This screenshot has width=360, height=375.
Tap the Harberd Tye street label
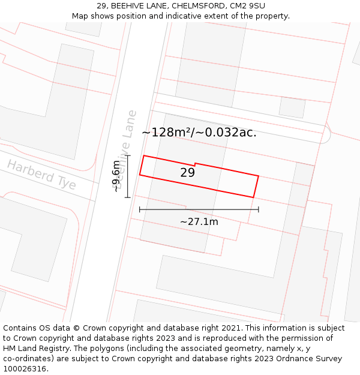click(41, 175)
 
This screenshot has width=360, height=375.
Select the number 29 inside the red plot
click(187, 173)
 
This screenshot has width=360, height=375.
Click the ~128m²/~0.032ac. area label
click(199, 133)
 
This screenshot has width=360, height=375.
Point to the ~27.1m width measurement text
click(199, 221)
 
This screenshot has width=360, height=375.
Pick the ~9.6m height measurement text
click(117, 176)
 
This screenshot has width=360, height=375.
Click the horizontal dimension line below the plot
click(199, 209)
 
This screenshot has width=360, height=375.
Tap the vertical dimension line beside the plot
click(128, 176)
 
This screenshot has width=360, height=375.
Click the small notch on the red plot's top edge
click(195, 164)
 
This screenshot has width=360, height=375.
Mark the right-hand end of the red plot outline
click(256, 186)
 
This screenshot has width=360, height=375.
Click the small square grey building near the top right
click(292, 107)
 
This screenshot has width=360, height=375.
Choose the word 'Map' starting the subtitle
click(80, 16)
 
